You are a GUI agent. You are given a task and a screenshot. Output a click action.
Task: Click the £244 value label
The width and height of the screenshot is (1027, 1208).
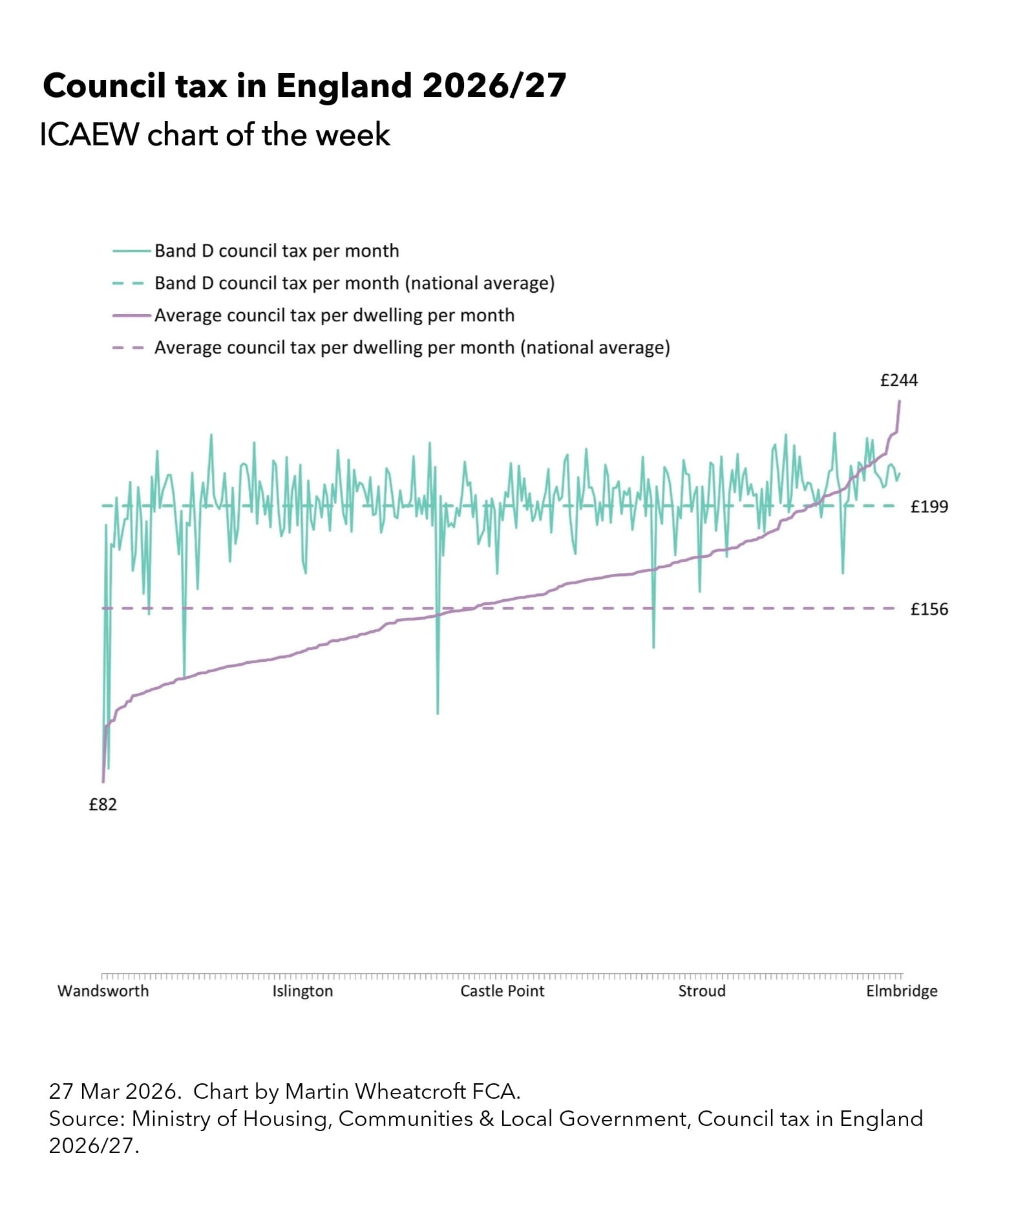pos(898,380)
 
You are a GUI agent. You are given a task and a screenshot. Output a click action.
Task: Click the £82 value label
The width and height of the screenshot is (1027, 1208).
pos(103,805)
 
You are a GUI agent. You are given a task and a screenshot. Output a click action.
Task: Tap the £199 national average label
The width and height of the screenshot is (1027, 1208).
pos(929,507)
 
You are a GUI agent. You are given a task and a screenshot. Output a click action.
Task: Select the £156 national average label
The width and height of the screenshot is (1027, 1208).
pos(929,609)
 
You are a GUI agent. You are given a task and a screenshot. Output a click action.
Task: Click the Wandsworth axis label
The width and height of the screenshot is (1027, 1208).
pos(103,991)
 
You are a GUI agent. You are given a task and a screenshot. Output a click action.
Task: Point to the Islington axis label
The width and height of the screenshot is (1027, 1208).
pos(302,991)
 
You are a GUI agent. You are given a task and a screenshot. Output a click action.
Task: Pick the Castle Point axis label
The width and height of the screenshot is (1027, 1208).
pos(502,991)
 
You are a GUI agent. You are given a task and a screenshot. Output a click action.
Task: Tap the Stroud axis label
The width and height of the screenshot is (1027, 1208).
pos(701,991)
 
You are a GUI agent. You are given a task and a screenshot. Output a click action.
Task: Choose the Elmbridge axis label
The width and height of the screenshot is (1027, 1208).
pos(902,991)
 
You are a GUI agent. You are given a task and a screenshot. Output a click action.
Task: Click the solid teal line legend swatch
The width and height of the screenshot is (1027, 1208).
pos(131,251)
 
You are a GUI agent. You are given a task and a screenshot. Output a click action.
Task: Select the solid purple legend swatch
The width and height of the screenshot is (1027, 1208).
pos(131,315)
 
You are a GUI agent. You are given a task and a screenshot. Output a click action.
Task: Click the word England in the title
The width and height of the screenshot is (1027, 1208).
pos(344,85)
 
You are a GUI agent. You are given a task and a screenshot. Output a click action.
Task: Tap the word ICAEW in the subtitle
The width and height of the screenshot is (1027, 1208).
pos(89,135)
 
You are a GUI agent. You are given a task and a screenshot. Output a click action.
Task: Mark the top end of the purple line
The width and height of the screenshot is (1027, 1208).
pos(900,402)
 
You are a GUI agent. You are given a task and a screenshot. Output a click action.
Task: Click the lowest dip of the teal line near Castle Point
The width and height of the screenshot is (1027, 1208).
pos(438,712)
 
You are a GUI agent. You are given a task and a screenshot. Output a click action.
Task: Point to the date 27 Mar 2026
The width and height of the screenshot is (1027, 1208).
pos(114,1092)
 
